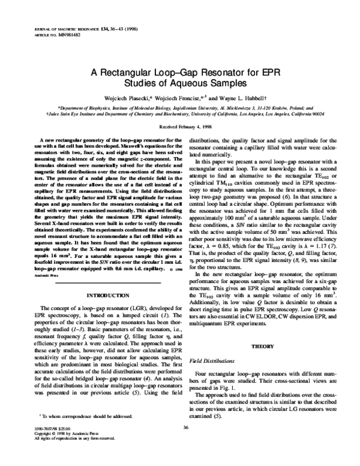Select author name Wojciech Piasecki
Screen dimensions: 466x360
[x=124, y=95]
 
